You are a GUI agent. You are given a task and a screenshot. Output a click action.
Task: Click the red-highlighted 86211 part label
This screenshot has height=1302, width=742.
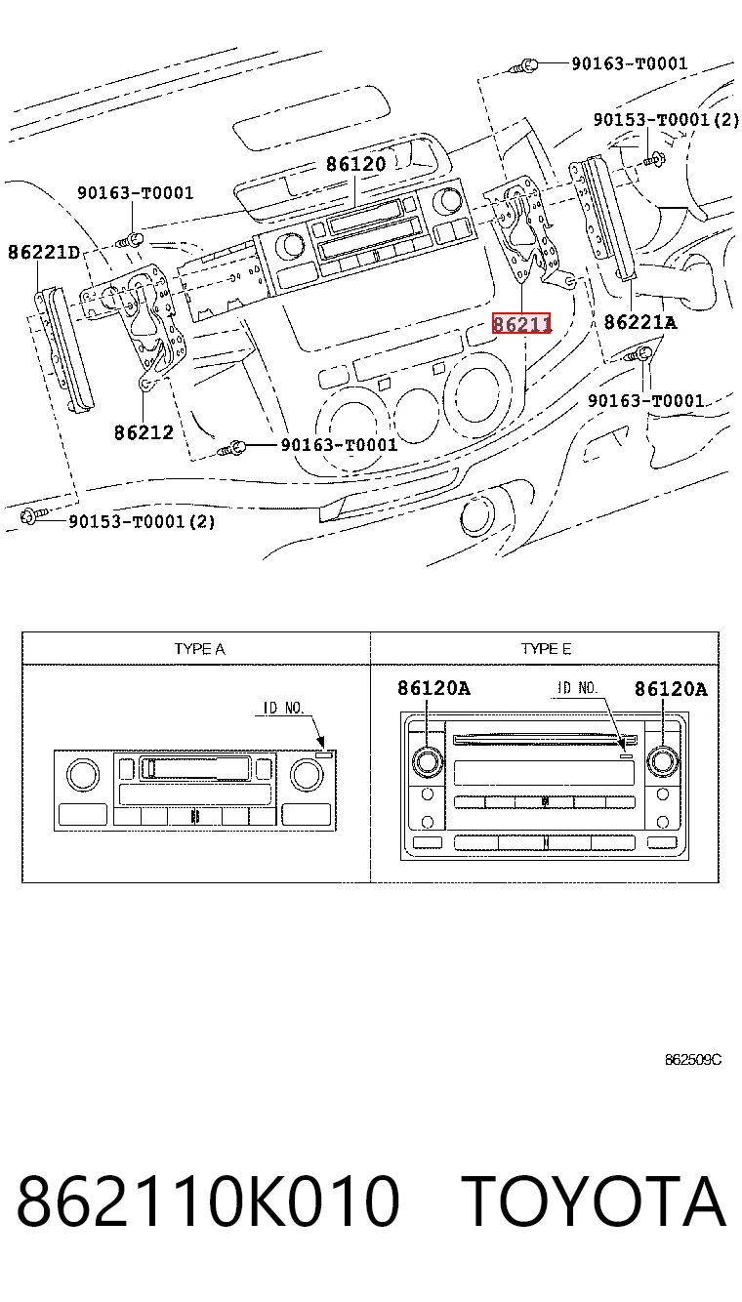(x=521, y=323)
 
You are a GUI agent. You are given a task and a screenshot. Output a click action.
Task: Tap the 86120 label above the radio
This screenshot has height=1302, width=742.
(x=356, y=164)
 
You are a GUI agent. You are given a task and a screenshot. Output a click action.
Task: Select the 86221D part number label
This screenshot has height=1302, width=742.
(x=44, y=252)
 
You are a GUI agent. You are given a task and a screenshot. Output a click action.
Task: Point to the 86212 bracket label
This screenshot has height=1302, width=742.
(x=144, y=432)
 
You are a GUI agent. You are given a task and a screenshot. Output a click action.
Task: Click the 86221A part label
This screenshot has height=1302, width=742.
(x=640, y=322)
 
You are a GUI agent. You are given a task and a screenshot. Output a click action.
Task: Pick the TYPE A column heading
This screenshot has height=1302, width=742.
(x=199, y=649)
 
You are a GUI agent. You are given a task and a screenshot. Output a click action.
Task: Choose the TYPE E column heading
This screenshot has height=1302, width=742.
(x=546, y=649)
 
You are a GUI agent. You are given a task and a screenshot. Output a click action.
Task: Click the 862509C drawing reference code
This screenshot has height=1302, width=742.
(x=693, y=1060)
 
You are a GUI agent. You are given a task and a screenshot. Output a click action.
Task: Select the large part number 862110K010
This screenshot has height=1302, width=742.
(x=208, y=1201)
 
